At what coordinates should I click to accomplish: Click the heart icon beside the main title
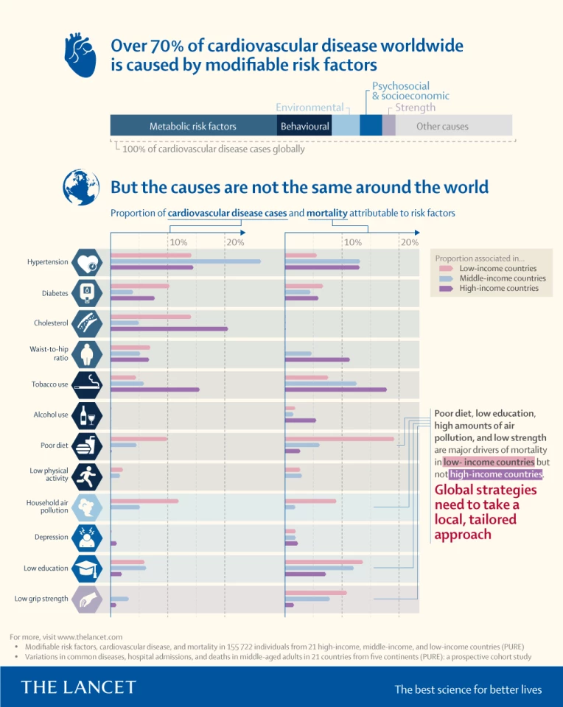[x=79, y=54]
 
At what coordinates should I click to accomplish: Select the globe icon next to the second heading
[x=79, y=185]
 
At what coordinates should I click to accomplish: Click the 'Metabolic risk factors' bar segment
[x=193, y=126]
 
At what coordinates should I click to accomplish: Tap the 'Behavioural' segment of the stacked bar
[x=304, y=126]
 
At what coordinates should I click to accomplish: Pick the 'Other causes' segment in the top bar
[x=442, y=126]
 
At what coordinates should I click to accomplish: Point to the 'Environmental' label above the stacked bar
[x=310, y=108]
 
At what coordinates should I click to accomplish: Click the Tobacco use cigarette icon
[x=87, y=384]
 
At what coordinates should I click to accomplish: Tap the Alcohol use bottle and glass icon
[x=87, y=415]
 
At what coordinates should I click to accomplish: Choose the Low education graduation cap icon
[x=87, y=569]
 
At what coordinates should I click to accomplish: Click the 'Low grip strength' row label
[x=41, y=599]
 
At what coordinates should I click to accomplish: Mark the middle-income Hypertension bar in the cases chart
[x=185, y=261]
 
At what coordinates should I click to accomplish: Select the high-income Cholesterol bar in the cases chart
[x=169, y=329]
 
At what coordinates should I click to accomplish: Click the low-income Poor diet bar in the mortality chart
[x=339, y=439]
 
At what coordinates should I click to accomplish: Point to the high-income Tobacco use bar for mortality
[x=335, y=390]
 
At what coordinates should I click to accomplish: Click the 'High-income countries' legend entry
[x=498, y=289]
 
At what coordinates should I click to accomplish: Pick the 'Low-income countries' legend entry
[x=497, y=269]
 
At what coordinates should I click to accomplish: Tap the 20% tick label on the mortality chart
[x=410, y=242]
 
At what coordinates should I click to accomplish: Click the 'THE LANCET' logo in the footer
[x=79, y=687]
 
